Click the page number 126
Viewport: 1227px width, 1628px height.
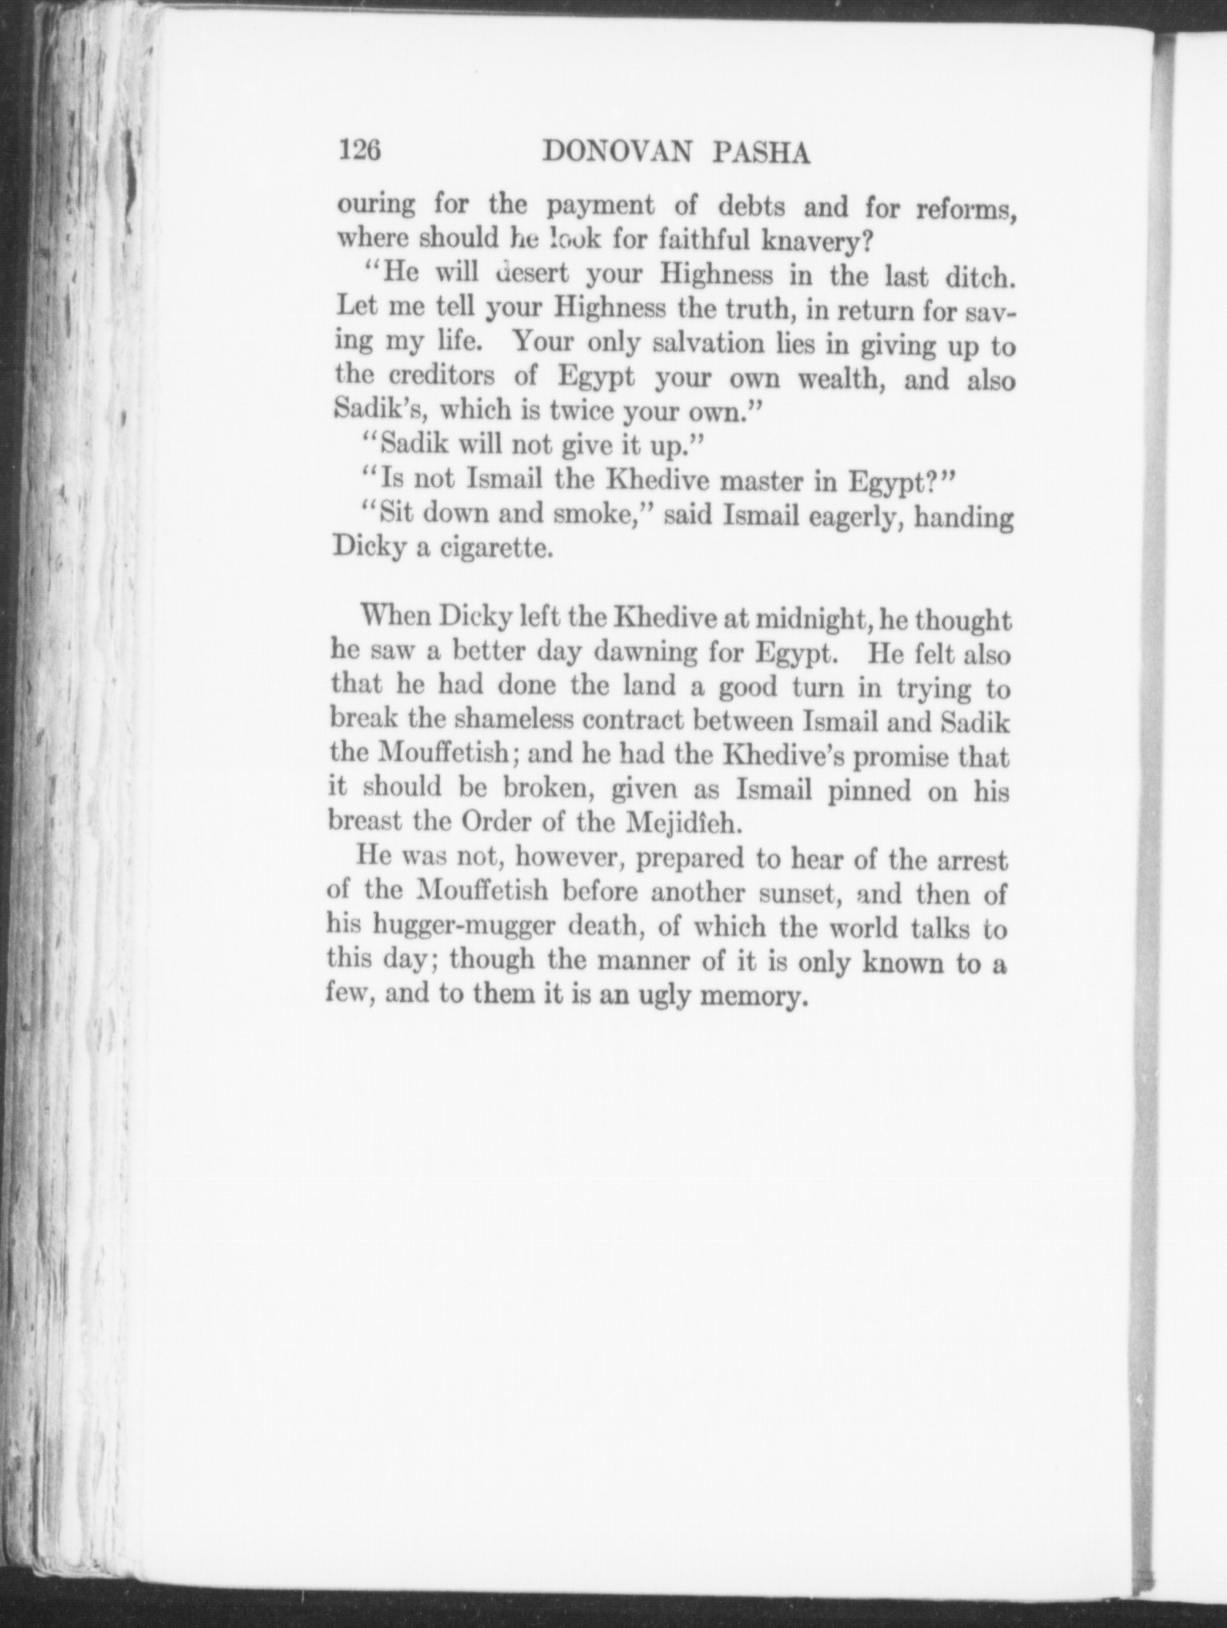360,151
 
